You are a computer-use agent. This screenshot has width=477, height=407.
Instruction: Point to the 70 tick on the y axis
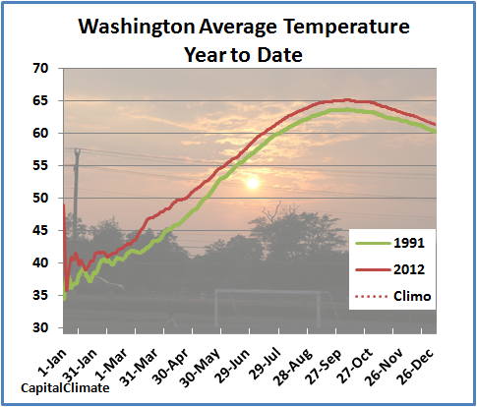point(40,69)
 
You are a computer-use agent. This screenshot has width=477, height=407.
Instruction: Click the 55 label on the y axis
point(40,166)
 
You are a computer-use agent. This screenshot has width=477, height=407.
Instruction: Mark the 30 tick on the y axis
point(40,327)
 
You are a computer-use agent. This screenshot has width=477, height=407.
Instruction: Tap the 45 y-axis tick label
point(40,231)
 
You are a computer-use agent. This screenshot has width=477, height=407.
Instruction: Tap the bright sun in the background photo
point(252,181)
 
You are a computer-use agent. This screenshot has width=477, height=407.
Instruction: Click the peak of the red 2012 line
point(345,100)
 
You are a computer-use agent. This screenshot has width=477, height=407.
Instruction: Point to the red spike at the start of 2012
point(64,208)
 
